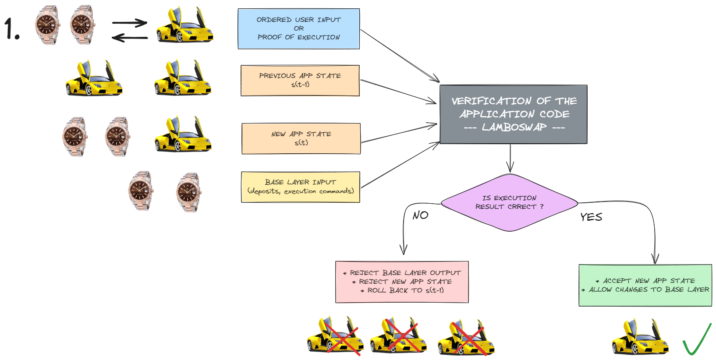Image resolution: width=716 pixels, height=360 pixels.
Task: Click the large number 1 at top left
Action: [11, 29]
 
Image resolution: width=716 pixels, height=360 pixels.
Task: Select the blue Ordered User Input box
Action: [298, 28]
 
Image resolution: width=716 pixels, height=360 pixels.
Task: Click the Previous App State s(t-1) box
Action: [300, 81]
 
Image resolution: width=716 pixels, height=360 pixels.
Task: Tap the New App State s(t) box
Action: [301, 138]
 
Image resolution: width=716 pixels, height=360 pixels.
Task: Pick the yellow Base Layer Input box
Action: [301, 187]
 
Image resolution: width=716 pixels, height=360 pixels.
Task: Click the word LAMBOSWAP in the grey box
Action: [514, 127]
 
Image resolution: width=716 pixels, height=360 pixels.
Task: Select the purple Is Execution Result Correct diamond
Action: [509, 202]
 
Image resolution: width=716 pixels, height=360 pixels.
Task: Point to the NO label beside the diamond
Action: [420, 215]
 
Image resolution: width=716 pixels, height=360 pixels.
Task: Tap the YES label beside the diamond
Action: [591, 217]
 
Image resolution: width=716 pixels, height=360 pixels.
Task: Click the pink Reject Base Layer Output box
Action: [402, 282]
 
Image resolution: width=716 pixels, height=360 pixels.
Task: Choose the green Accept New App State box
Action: [645, 285]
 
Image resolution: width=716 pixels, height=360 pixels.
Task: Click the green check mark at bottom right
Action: [697, 340]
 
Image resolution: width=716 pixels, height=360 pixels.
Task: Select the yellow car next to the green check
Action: [640, 337]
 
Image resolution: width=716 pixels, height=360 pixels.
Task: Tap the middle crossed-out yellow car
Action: [398, 336]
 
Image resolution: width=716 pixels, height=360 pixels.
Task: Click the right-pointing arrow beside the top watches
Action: [129, 23]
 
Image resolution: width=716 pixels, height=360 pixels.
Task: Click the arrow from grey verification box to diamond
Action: [510, 158]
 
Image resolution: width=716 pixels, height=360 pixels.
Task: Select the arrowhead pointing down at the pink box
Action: [404, 250]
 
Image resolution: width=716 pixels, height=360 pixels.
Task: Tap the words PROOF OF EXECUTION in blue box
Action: [298, 37]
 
